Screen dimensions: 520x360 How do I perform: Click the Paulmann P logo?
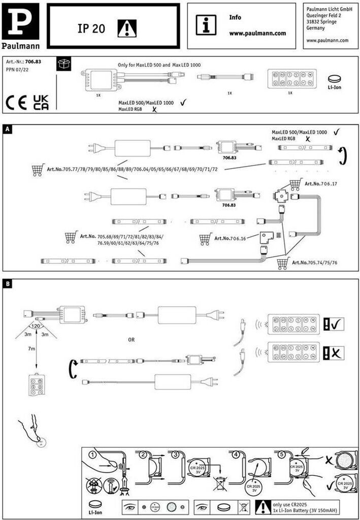coord(20,21)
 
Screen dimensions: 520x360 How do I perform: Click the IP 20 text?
coord(91,29)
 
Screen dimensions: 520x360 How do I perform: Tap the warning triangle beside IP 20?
coord(124,29)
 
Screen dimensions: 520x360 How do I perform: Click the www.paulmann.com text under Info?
coord(257,34)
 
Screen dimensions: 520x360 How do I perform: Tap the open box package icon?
coord(64,63)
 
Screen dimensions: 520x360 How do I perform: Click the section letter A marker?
coord(7,129)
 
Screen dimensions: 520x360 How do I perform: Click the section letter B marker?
coord(7,283)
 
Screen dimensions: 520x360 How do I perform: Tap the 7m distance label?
coord(31,349)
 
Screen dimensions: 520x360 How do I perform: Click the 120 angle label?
coord(36,326)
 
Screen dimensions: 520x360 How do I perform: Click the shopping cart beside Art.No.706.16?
coord(205,238)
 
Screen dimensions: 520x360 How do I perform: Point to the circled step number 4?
coord(236,453)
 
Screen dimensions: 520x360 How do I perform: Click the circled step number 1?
coord(92,453)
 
